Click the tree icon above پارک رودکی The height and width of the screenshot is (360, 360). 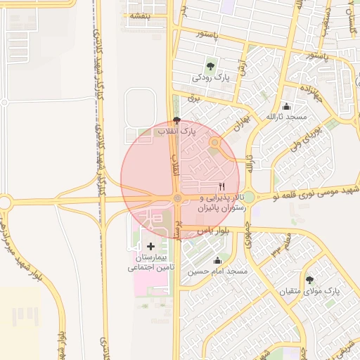tap(210, 67)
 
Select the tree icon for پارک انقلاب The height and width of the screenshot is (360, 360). tap(176, 121)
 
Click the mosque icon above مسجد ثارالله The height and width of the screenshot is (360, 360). tap(286, 106)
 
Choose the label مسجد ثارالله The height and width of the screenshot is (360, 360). tap(286, 116)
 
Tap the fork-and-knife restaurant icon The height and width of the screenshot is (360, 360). tap(222, 187)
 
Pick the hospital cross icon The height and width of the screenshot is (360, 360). tap(151, 245)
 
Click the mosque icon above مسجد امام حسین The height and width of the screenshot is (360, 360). tap(217, 261)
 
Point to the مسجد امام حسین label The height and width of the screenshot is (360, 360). tap(218, 271)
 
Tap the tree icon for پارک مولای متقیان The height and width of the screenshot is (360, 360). tap(309, 281)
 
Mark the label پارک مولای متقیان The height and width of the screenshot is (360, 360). tap(310, 290)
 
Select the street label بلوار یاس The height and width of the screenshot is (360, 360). tap(214, 231)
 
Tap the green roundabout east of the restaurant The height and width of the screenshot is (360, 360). tap(248, 198)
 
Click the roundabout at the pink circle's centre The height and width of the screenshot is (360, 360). tap(178, 198)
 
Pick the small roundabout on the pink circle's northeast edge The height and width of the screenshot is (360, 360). tap(215, 143)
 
